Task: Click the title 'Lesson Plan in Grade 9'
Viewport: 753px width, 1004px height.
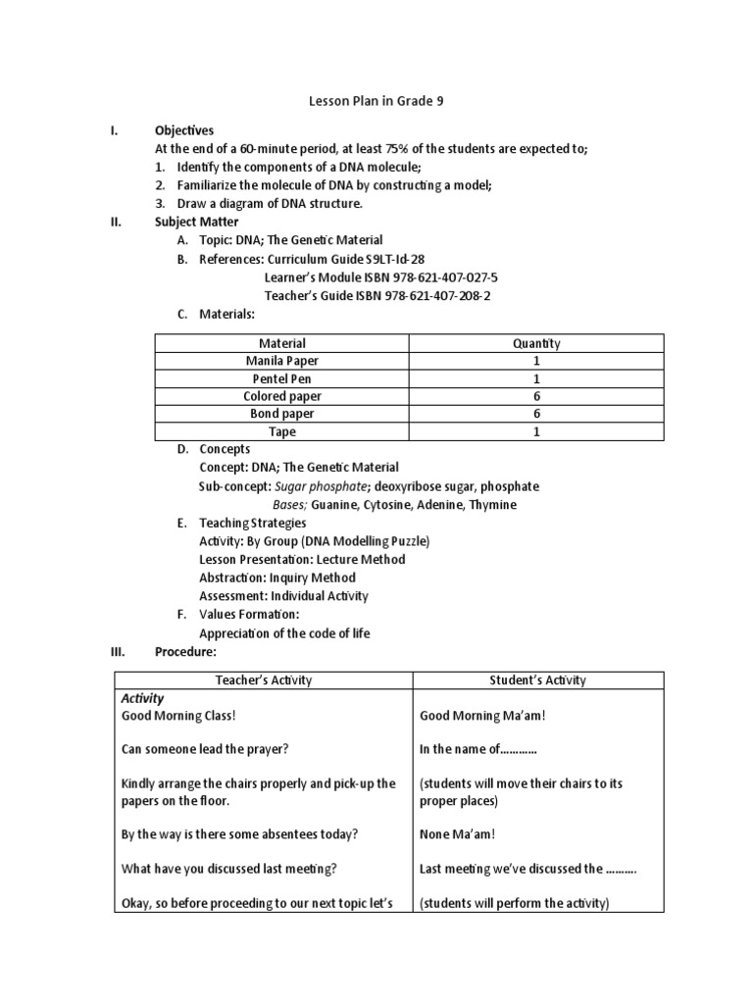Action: [x=376, y=100]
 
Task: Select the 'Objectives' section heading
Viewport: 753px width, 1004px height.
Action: [x=184, y=130]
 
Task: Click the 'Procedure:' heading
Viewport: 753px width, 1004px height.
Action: [x=185, y=651]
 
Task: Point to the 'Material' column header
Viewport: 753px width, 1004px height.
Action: [x=281, y=343]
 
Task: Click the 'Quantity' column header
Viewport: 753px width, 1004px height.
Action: [x=536, y=343]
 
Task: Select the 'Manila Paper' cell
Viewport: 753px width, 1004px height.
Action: [x=281, y=361]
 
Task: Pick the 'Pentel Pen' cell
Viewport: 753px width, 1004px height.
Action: [x=281, y=378]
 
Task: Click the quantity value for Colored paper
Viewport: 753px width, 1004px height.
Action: [x=536, y=396]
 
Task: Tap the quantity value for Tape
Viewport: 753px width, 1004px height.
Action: [x=536, y=431]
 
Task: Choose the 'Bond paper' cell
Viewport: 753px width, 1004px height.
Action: [x=281, y=414]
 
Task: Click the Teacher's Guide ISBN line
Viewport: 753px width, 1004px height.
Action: [x=377, y=295]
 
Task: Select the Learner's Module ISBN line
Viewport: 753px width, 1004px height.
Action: [x=381, y=277]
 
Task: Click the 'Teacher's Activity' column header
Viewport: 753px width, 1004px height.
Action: [x=264, y=679]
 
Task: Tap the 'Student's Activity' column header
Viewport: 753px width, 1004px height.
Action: [x=538, y=679]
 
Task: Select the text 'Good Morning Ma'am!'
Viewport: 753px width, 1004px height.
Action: [x=482, y=716]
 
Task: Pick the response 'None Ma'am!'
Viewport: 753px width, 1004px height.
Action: [x=457, y=834]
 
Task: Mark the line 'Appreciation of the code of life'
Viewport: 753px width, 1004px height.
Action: [x=284, y=633]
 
